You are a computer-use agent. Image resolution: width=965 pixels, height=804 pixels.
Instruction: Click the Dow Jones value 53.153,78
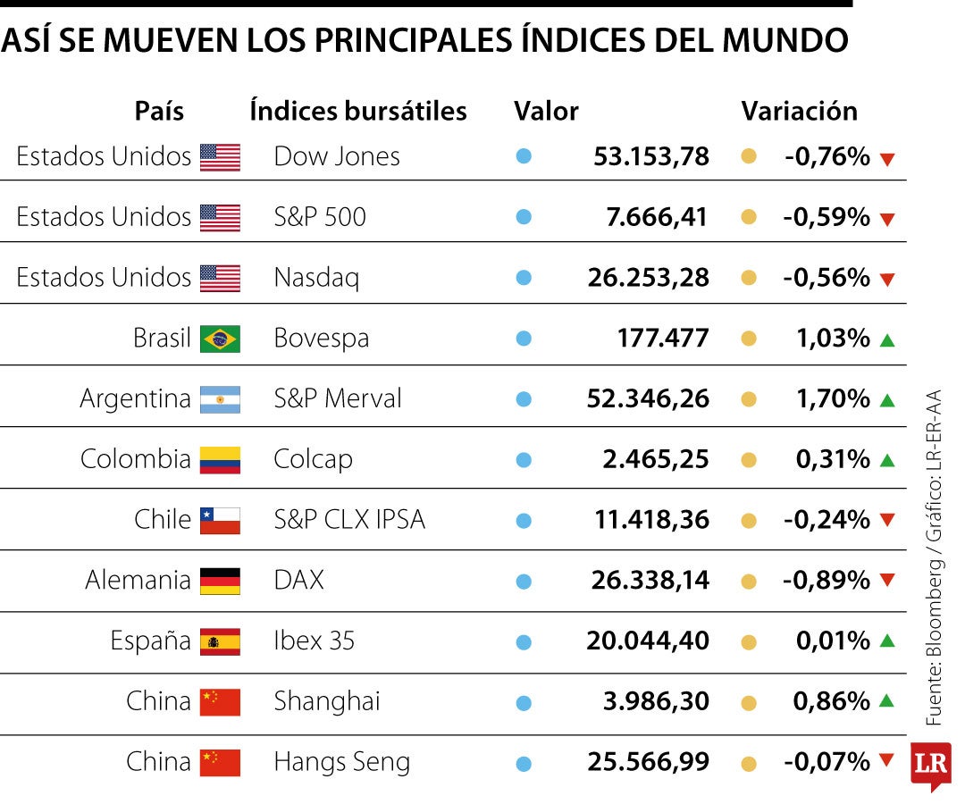click(651, 157)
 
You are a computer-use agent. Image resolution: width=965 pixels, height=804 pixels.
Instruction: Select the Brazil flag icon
click(220, 339)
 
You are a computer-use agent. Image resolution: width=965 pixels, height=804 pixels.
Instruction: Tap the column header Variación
click(799, 112)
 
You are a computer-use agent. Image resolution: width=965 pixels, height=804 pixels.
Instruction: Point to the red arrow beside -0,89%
click(887, 580)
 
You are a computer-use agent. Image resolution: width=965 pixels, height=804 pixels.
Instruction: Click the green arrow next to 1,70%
click(887, 400)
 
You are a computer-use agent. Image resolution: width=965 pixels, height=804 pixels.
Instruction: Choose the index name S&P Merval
click(337, 398)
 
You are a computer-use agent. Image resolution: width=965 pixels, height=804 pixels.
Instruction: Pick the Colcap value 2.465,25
click(656, 459)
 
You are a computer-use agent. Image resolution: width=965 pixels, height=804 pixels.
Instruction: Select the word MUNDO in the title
click(785, 40)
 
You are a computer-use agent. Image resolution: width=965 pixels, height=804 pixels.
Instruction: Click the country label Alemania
click(138, 581)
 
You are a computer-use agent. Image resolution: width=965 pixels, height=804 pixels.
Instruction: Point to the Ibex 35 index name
click(314, 641)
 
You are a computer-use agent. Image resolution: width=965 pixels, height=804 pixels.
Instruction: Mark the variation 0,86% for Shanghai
click(832, 701)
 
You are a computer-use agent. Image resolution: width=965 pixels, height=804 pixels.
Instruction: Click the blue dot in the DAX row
click(524, 582)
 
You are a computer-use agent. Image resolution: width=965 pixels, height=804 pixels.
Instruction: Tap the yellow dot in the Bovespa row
click(749, 339)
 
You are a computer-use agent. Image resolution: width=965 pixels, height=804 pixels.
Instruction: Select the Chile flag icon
click(220, 521)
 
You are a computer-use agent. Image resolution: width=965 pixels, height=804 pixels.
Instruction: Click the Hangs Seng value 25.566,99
click(648, 762)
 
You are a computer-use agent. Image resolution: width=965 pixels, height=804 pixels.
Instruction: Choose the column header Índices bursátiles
click(358, 112)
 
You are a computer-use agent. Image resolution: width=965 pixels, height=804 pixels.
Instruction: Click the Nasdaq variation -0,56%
click(827, 278)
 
